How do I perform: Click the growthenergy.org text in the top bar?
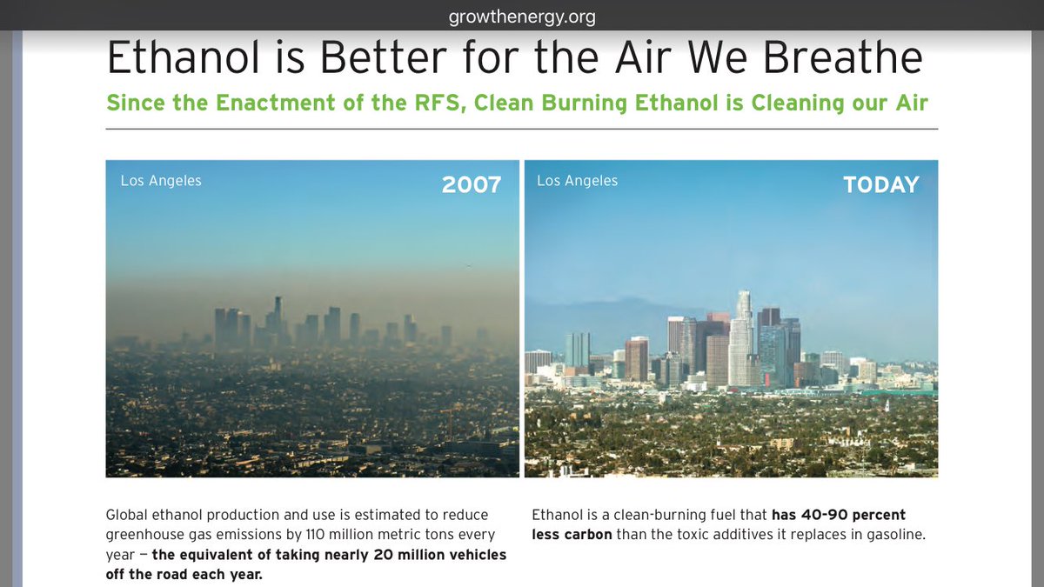(x=521, y=17)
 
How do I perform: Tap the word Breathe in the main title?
(x=836, y=57)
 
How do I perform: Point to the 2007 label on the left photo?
(x=472, y=184)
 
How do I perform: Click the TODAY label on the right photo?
(x=880, y=184)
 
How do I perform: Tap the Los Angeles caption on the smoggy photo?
(x=161, y=181)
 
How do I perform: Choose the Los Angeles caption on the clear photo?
(x=577, y=181)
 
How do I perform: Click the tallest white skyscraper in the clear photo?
(x=743, y=344)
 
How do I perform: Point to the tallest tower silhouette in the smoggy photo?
(x=278, y=317)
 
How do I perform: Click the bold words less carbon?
(x=572, y=534)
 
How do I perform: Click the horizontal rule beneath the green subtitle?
(x=521, y=129)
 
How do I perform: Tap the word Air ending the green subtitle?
(x=908, y=103)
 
